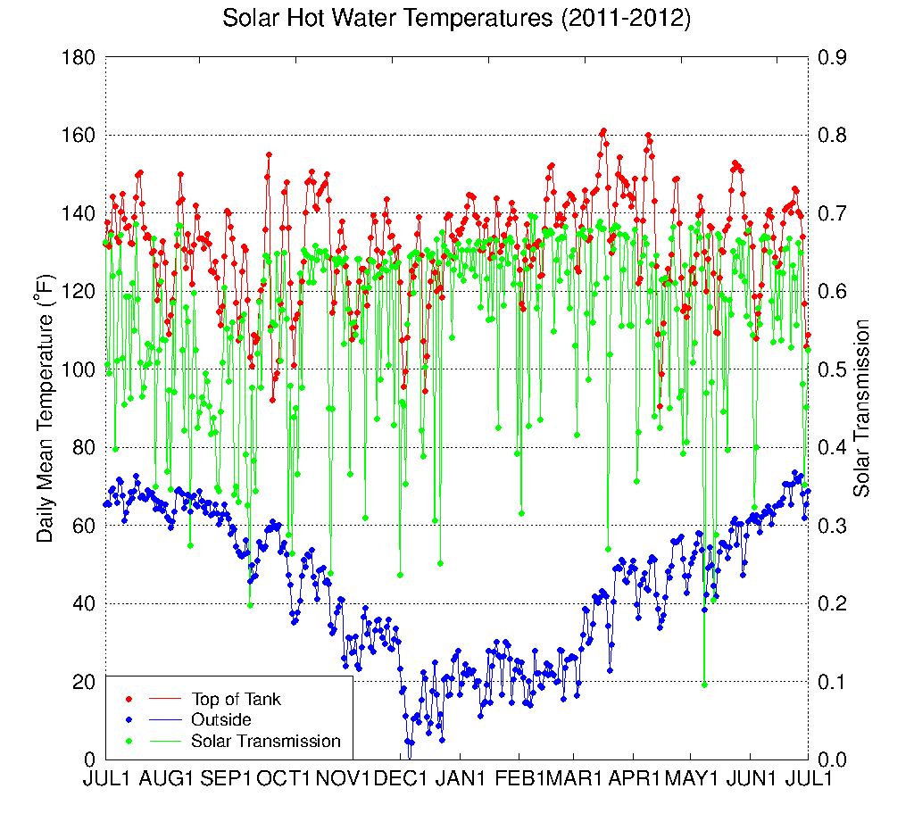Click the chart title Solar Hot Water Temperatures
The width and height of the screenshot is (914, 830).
pyautogui.click(x=456, y=19)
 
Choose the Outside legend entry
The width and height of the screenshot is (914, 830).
pyautogui.click(x=221, y=719)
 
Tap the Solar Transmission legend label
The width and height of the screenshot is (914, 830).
pyautogui.click(x=266, y=741)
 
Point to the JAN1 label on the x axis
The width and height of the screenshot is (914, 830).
pyautogui.click(x=462, y=778)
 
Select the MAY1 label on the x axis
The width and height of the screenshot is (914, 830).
pyautogui.click(x=694, y=778)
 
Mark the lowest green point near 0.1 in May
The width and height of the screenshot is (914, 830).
pyautogui.click(x=704, y=685)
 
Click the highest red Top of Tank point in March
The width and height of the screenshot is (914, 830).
pyautogui.click(x=603, y=131)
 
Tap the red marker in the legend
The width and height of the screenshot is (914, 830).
pyautogui.click(x=129, y=699)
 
